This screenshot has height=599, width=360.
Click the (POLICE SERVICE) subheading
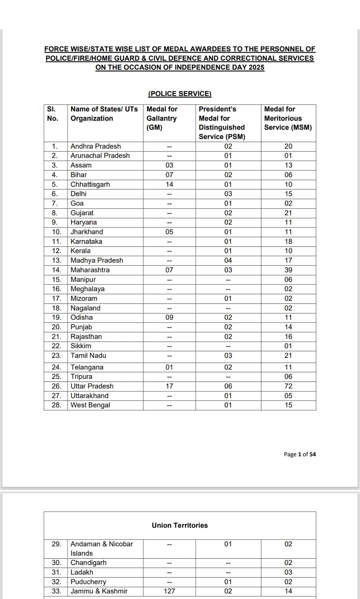(x=180, y=94)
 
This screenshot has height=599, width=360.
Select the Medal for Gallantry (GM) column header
(x=162, y=118)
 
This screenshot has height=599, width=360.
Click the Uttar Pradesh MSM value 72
(x=288, y=386)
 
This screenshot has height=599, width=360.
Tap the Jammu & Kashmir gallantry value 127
(x=169, y=591)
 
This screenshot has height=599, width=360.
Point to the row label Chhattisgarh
(x=90, y=184)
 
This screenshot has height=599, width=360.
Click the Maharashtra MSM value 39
(x=288, y=270)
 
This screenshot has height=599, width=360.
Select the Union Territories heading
(x=180, y=525)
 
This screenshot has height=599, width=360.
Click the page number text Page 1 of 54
(x=300, y=454)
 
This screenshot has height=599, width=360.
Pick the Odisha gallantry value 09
(x=169, y=318)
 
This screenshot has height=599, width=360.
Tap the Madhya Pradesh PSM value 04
(x=228, y=260)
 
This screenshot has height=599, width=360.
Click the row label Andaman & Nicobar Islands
(x=101, y=548)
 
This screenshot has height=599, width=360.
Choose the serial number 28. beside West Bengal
(x=56, y=405)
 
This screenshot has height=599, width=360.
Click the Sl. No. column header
(x=52, y=114)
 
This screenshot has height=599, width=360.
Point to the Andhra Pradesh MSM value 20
(x=288, y=146)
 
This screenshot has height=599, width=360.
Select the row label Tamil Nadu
(x=88, y=356)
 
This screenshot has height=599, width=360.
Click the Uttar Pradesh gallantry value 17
(x=169, y=386)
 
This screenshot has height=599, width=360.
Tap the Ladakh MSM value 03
(x=288, y=572)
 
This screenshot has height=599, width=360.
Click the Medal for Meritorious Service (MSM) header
(x=288, y=118)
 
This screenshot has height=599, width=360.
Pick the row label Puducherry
(x=88, y=582)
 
